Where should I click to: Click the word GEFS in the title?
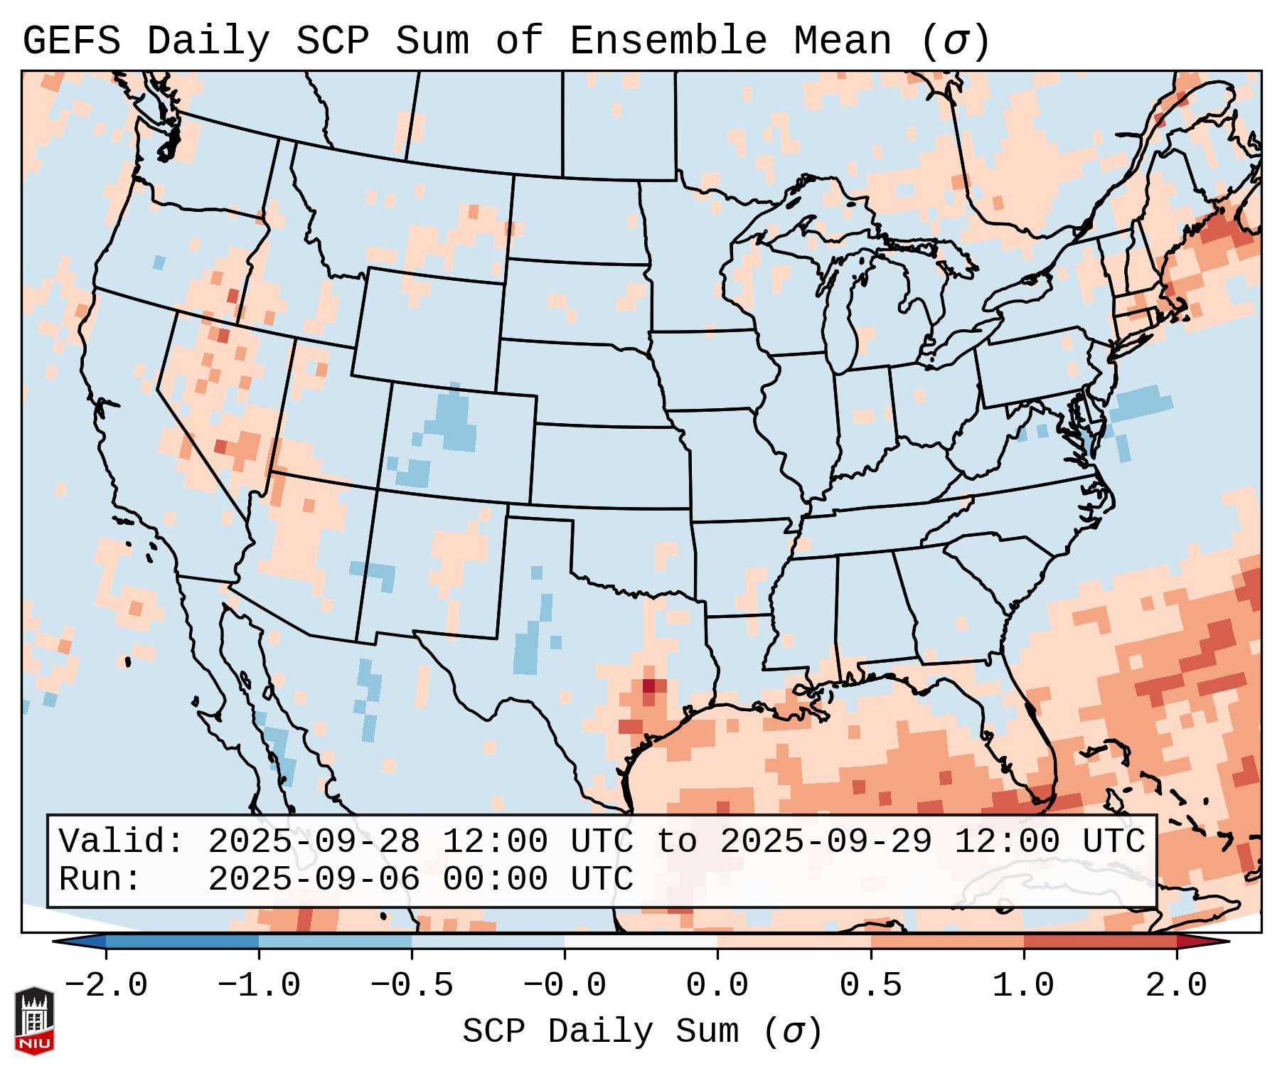tap(71, 41)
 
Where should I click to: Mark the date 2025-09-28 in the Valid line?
tap(314, 842)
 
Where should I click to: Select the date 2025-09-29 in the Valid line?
tap(826, 842)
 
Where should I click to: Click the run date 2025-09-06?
tap(314, 879)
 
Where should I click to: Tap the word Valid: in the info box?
tap(122, 842)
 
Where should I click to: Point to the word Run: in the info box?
tap(100, 879)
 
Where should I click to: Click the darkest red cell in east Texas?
tap(648, 686)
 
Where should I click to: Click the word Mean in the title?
tap(842, 41)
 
